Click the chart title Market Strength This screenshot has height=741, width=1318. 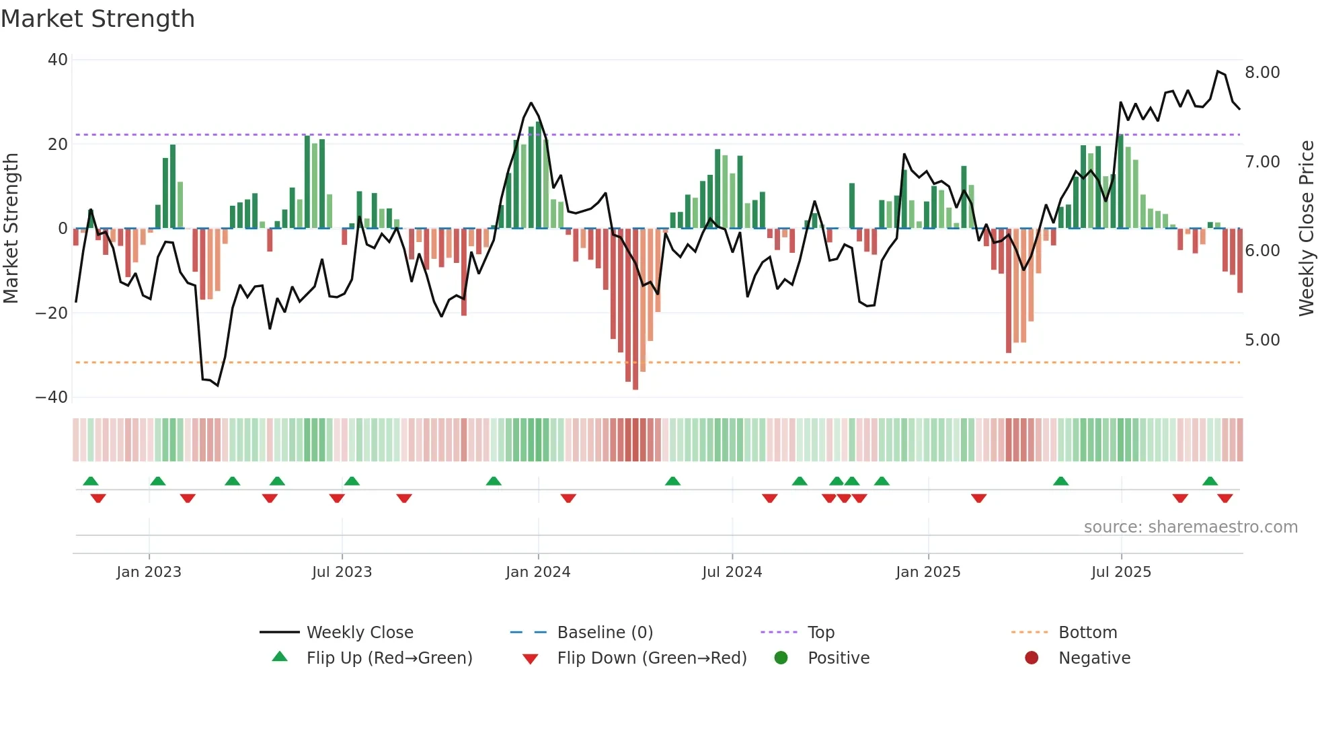pyautogui.click(x=98, y=19)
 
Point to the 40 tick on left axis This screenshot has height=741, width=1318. pyautogui.click(x=58, y=60)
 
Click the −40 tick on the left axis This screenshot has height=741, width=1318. pyautogui.click(x=52, y=397)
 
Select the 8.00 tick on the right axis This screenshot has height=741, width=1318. pyautogui.click(x=1262, y=73)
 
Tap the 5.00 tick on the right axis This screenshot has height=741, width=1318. pyautogui.click(x=1262, y=340)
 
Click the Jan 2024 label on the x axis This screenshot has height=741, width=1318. pyautogui.click(x=538, y=572)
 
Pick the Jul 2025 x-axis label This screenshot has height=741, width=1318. pyautogui.click(x=1121, y=572)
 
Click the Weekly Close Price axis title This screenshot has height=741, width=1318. pyautogui.click(x=1306, y=229)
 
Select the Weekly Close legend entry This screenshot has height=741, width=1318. pyautogui.click(x=360, y=633)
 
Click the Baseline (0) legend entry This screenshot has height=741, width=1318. pyautogui.click(x=605, y=633)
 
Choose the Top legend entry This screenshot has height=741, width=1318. pyautogui.click(x=820, y=633)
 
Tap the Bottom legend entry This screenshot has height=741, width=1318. pyautogui.click(x=1087, y=633)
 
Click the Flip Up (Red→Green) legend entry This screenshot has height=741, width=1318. pyautogui.click(x=389, y=658)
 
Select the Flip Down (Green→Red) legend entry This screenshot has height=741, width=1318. pyautogui.click(x=652, y=658)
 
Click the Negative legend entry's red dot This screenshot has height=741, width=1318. pyautogui.click(x=1032, y=658)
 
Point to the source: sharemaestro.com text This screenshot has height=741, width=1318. pyautogui.click(x=1190, y=527)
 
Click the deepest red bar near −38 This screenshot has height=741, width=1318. pyautogui.click(x=635, y=309)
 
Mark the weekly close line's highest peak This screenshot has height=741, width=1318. pyautogui.click(x=1218, y=71)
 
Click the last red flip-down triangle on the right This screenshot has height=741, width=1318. pyautogui.click(x=1225, y=498)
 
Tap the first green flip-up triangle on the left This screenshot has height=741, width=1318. pyautogui.click(x=91, y=481)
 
